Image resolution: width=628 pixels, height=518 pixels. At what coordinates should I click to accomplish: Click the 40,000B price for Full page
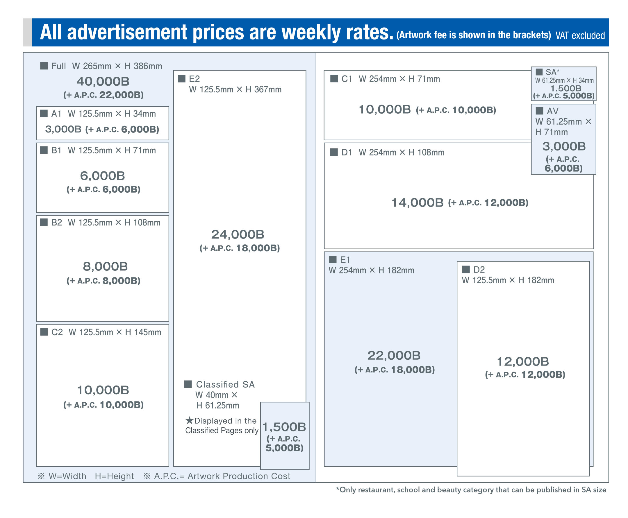[x=103, y=81]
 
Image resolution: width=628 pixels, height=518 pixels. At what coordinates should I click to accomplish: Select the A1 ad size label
[x=56, y=114]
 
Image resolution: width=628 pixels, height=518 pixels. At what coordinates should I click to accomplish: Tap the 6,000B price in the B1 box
[x=102, y=176]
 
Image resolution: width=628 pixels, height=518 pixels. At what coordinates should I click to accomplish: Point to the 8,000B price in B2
[x=105, y=266]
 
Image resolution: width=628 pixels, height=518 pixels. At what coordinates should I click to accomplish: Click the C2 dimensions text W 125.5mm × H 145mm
[x=115, y=332]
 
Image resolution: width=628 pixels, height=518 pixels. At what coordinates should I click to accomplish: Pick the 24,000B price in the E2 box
[x=238, y=234]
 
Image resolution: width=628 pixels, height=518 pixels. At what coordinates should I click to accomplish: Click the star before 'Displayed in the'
[x=189, y=420]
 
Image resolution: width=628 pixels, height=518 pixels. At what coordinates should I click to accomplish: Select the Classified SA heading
[x=225, y=384]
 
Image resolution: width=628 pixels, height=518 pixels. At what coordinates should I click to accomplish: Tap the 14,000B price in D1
[x=417, y=203]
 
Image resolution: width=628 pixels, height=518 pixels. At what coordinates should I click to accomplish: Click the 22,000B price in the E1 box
[x=394, y=356]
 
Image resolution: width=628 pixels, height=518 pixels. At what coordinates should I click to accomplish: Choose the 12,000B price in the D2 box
[x=522, y=362]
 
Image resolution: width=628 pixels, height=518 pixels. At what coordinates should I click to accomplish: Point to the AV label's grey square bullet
[x=539, y=111]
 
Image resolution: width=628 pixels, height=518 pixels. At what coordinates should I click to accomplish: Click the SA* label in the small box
[x=552, y=72]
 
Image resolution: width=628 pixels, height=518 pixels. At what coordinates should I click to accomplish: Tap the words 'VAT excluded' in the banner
[x=580, y=35]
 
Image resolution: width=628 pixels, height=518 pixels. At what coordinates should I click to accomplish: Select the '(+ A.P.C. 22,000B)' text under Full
[x=103, y=95]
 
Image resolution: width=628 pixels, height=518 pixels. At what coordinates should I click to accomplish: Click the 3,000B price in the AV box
[x=564, y=146]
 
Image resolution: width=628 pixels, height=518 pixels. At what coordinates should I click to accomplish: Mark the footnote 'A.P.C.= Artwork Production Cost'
[x=222, y=476]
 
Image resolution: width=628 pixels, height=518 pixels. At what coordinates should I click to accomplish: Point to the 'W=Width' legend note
[x=67, y=476]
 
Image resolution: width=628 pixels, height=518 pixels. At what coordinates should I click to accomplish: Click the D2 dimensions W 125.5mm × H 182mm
[x=508, y=280]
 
